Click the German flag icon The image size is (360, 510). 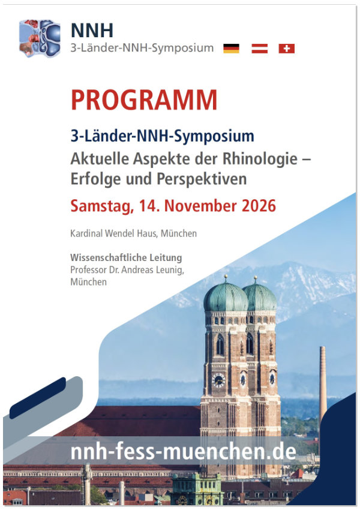[x=231, y=49]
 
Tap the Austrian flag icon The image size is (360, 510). [x=260, y=49]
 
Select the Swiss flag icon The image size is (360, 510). [x=287, y=49]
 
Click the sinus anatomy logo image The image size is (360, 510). [x=40, y=38]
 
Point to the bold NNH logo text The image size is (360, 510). [x=92, y=31]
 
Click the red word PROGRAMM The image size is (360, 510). [x=144, y=100]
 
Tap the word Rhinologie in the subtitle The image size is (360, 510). [x=260, y=159]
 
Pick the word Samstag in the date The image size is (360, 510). [x=102, y=206]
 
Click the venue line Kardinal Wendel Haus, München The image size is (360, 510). [x=133, y=233]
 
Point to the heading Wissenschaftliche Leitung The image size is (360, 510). [x=126, y=257]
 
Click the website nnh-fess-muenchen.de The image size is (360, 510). [x=184, y=452]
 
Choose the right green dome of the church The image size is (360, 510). [x=260, y=296]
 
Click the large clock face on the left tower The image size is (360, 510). [x=218, y=380]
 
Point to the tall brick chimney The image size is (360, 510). [x=323, y=385]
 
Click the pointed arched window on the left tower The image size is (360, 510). [x=220, y=344]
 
